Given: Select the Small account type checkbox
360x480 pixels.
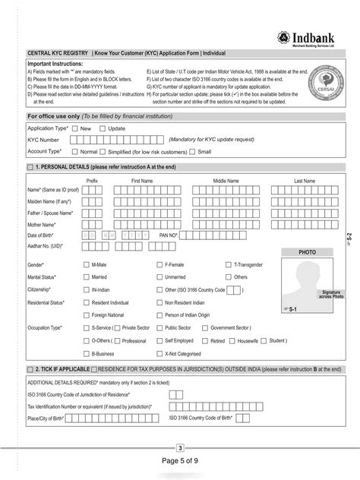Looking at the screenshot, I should coord(194,152).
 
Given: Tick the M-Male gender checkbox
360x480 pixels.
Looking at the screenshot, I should coord(86,265).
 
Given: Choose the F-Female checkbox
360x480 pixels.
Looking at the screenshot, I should coord(159,265).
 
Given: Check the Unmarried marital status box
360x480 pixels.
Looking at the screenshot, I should coord(159,277).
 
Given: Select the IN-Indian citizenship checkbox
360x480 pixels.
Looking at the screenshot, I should coord(86,290).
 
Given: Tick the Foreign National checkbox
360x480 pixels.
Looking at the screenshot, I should coord(86,314).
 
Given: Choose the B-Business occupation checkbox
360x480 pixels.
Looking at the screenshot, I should coord(86,353).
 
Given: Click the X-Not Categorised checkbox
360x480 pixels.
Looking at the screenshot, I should coord(159,353).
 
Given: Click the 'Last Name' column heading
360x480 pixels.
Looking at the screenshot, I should coord(304,181).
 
